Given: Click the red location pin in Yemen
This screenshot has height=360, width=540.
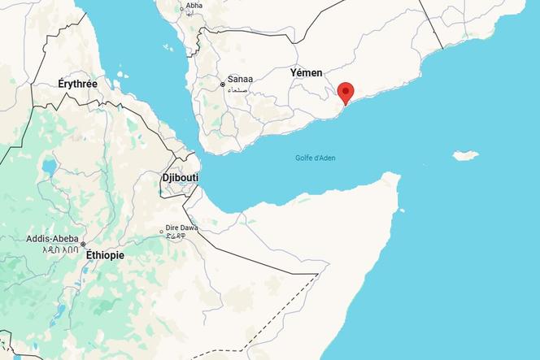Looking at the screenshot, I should point(346,92).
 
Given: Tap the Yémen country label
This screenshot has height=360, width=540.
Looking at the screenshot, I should point(306,73).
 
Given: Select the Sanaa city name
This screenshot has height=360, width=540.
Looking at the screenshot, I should point(240,79).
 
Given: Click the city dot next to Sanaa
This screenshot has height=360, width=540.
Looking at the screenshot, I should point(222,84).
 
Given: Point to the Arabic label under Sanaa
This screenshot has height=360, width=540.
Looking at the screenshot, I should point(240,89).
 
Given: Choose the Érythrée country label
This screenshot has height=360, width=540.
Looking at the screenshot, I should point(77,84).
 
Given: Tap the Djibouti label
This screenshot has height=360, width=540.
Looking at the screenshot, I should point(180,176).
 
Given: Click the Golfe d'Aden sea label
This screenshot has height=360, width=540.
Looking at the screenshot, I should point(316,158).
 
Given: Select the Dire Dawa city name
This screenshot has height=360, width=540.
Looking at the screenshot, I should point(181,228).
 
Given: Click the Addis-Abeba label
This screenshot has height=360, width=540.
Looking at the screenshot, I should point(52,239).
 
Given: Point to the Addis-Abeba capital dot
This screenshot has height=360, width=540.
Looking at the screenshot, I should point(82,244).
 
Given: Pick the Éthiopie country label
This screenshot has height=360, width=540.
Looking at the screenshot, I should point(105,255).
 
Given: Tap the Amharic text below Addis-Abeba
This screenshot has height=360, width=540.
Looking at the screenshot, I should point(60,250).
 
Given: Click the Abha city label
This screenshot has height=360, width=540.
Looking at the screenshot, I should point(194,6).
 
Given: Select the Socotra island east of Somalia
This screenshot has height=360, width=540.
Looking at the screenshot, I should point(465,154).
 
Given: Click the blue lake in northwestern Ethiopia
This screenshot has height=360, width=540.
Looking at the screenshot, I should point(49,168).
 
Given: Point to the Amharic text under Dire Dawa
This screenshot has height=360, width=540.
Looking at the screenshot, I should point(176,237).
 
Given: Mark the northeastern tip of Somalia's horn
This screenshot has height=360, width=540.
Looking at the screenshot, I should point(398,175).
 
